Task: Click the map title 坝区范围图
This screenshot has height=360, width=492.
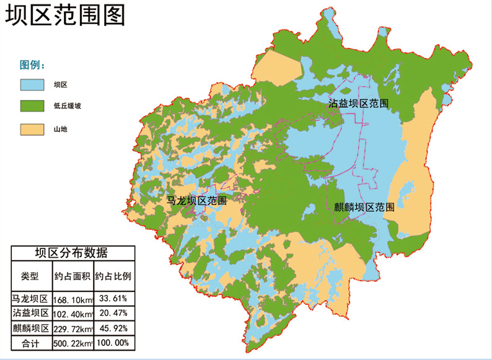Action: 65,15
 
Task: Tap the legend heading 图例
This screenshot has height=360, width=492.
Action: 33,65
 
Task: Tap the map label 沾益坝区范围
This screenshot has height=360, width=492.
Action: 359,103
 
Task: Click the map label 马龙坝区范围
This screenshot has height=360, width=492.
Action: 197,201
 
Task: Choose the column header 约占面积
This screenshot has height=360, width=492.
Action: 73,276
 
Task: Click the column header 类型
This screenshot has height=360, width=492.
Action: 30,276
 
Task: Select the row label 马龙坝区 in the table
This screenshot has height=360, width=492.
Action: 30,299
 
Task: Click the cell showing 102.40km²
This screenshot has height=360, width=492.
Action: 73,314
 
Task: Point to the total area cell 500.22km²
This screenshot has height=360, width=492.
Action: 73,343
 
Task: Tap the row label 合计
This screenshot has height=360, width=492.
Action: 30,343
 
